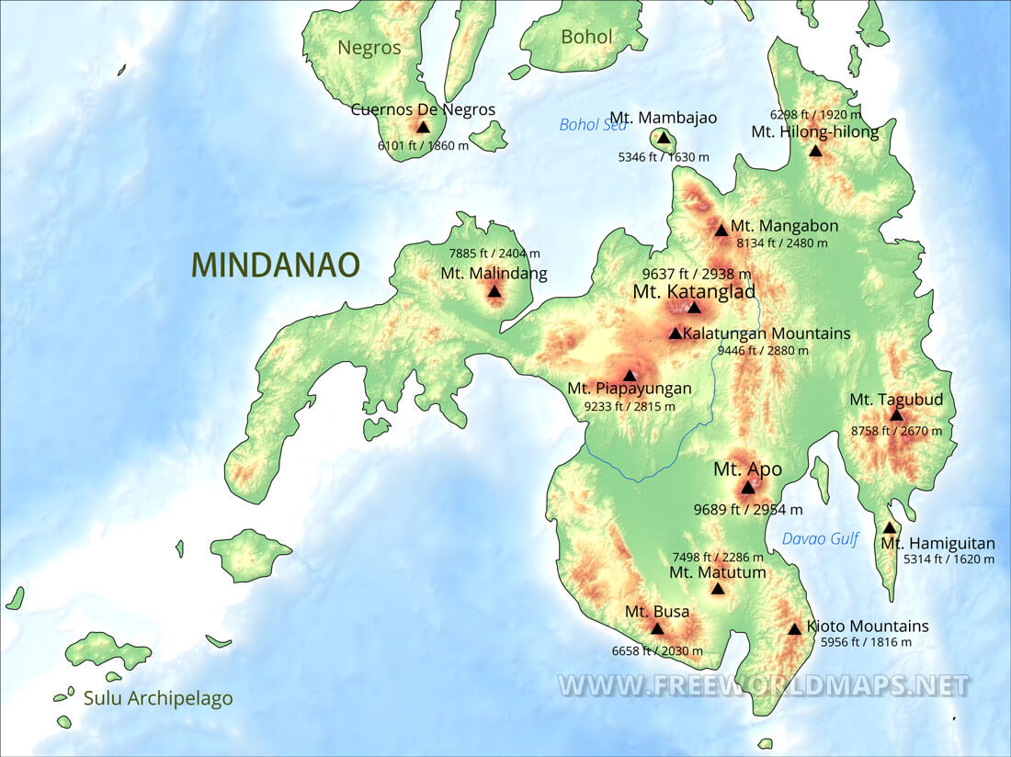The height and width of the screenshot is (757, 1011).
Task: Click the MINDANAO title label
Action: tap(275, 265)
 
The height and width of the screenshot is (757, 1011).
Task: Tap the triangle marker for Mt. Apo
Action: tap(748, 488)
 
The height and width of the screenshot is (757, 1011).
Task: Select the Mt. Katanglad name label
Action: tap(694, 291)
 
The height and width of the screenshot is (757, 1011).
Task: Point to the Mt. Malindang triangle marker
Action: tap(494, 292)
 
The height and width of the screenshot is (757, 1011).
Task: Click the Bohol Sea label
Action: tap(593, 125)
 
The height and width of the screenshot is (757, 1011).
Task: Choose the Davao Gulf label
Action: tap(819, 538)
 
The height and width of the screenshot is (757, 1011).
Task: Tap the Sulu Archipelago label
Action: tap(158, 698)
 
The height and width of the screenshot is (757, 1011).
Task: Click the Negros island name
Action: tap(369, 48)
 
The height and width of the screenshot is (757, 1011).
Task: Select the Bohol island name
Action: tap(586, 37)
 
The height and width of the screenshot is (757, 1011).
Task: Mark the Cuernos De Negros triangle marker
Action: tap(423, 128)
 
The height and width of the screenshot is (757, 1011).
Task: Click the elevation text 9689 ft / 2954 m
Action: tap(747, 509)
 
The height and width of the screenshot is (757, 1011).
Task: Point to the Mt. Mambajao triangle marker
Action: tap(664, 138)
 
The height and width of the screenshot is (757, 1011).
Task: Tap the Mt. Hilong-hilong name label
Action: tap(814, 131)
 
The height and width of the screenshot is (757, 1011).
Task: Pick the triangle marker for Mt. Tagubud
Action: tap(896, 415)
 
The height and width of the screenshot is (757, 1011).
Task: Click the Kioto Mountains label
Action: tap(867, 627)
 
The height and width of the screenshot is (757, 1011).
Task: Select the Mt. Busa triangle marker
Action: tap(657, 629)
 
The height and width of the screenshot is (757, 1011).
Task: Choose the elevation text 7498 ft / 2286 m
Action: tap(717, 556)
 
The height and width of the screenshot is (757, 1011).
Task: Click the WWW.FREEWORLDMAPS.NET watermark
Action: tap(763, 685)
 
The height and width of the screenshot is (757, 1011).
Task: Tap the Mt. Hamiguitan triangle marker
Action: tap(890, 528)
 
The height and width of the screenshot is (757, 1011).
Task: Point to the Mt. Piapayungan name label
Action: tap(629, 389)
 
